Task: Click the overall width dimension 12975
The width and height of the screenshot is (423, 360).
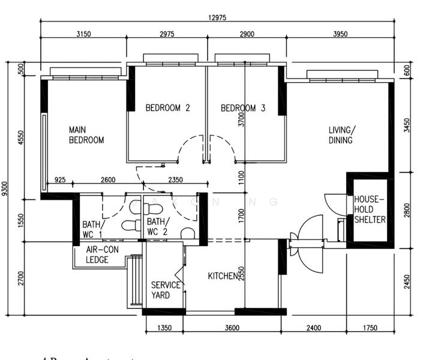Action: coord(218,17)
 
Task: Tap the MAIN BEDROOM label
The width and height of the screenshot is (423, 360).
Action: coord(86,135)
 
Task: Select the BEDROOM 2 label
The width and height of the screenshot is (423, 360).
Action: coord(168,109)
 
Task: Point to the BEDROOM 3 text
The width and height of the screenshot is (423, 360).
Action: coord(243,109)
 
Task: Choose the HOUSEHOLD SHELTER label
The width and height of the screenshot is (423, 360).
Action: coord(369,209)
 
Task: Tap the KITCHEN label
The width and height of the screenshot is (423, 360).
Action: coord(223,277)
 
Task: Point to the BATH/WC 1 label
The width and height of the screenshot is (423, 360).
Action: coord(92,229)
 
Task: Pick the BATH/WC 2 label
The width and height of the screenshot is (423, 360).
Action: coord(157,226)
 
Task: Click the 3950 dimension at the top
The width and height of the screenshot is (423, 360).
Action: coord(340,34)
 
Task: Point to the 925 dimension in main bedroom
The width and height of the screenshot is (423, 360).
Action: coord(60,179)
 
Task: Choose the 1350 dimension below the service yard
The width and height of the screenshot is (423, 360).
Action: coord(164,328)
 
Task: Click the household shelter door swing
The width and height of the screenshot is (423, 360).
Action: coord(334,204)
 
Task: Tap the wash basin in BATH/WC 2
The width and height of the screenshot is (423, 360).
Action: coord(188,233)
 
